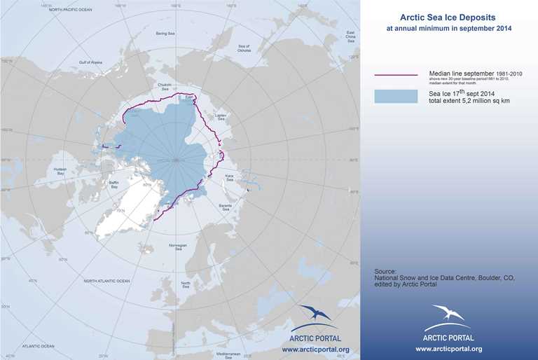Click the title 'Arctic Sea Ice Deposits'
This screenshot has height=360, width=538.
tap(448, 18)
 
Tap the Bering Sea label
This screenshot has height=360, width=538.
tap(165, 33)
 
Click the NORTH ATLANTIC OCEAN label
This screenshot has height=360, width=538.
tap(106, 281)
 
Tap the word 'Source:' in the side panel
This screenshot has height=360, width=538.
tap(385, 270)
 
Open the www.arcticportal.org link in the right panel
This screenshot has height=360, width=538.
tap(448, 349)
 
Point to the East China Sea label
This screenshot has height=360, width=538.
tap(351, 37)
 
